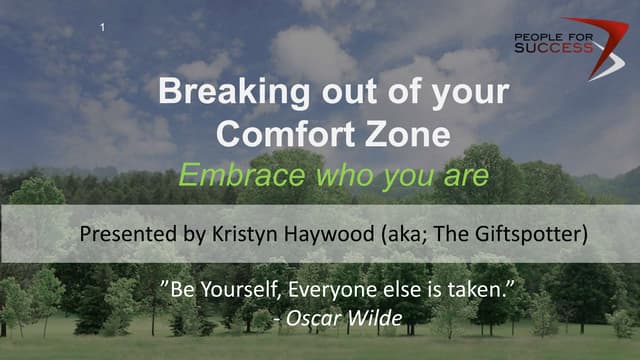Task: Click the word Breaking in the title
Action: [220, 93]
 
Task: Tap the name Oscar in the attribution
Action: [311, 320]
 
